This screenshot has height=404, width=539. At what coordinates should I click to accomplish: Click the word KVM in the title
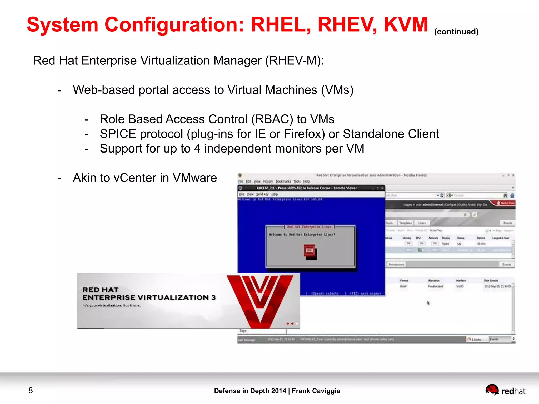[406, 25]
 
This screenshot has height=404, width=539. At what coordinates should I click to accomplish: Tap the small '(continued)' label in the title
[456, 32]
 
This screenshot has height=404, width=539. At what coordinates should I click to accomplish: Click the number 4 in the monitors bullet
[197, 149]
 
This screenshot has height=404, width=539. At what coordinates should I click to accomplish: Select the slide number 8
[31, 390]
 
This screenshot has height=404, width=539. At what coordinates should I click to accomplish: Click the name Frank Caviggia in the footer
[316, 391]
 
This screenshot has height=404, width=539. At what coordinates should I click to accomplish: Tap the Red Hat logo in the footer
[505, 390]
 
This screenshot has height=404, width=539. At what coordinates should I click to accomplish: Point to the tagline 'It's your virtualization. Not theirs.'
[112, 306]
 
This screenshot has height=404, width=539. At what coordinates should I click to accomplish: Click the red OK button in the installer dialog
[310, 250]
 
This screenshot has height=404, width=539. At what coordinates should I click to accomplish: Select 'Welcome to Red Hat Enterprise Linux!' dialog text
[302, 234]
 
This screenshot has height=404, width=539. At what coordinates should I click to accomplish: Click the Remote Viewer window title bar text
[307, 188]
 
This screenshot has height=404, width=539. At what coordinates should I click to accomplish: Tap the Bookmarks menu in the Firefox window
[283, 181]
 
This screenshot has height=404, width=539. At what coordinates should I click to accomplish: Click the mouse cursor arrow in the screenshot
[428, 303]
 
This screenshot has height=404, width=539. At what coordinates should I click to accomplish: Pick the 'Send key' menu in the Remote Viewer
[262, 194]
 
